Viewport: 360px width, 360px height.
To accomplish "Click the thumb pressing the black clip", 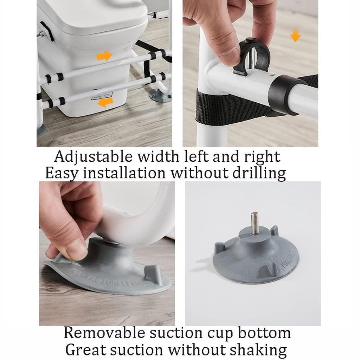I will (230, 53).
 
